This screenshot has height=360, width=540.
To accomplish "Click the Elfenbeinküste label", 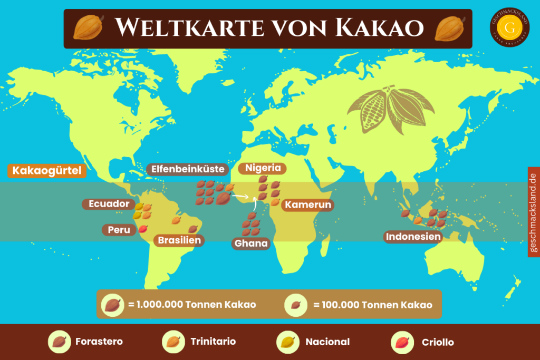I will (x=188, y=169).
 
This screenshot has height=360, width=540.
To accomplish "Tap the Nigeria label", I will (x=263, y=169).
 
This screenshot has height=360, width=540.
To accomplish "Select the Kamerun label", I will (x=308, y=205).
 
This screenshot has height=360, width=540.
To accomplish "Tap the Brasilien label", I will (x=179, y=240).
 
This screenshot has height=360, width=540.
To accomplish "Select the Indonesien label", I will (x=413, y=237).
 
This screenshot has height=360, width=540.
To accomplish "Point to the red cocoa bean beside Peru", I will (x=142, y=229).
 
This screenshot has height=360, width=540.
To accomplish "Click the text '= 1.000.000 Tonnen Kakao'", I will (x=192, y=305).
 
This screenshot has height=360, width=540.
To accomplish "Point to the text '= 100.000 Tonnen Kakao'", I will (x=373, y=305).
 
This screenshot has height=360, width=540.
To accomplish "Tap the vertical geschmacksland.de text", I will (x=533, y=212).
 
